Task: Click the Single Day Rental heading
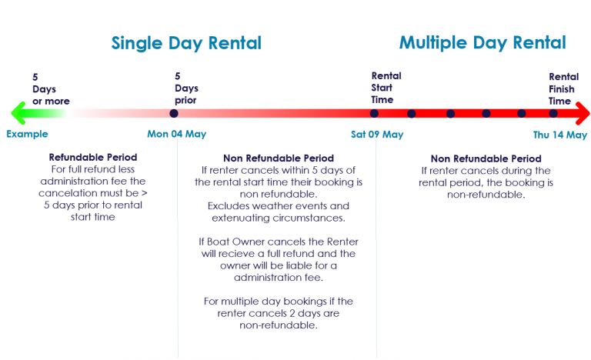(x=186, y=43)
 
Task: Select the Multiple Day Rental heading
(x=482, y=43)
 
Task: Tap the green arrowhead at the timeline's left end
(x=18, y=113)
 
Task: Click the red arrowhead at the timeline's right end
(x=583, y=113)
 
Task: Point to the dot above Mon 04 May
(x=174, y=113)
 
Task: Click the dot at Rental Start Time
(x=374, y=113)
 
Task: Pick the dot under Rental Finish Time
(x=553, y=113)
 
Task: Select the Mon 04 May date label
(x=177, y=134)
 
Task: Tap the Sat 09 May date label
(x=377, y=134)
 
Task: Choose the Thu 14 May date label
(x=560, y=135)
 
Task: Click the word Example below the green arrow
(x=27, y=134)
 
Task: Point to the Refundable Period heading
(x=93, y=157)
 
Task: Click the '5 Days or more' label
(x=51, y=89)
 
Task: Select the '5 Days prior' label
(x=186, y=88)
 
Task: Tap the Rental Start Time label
(x=386, y=88)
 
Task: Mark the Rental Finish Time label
(x=563, y=88)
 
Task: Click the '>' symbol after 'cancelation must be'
(x=145, y=193)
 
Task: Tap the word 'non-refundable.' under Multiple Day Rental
(x=486, y=195)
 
